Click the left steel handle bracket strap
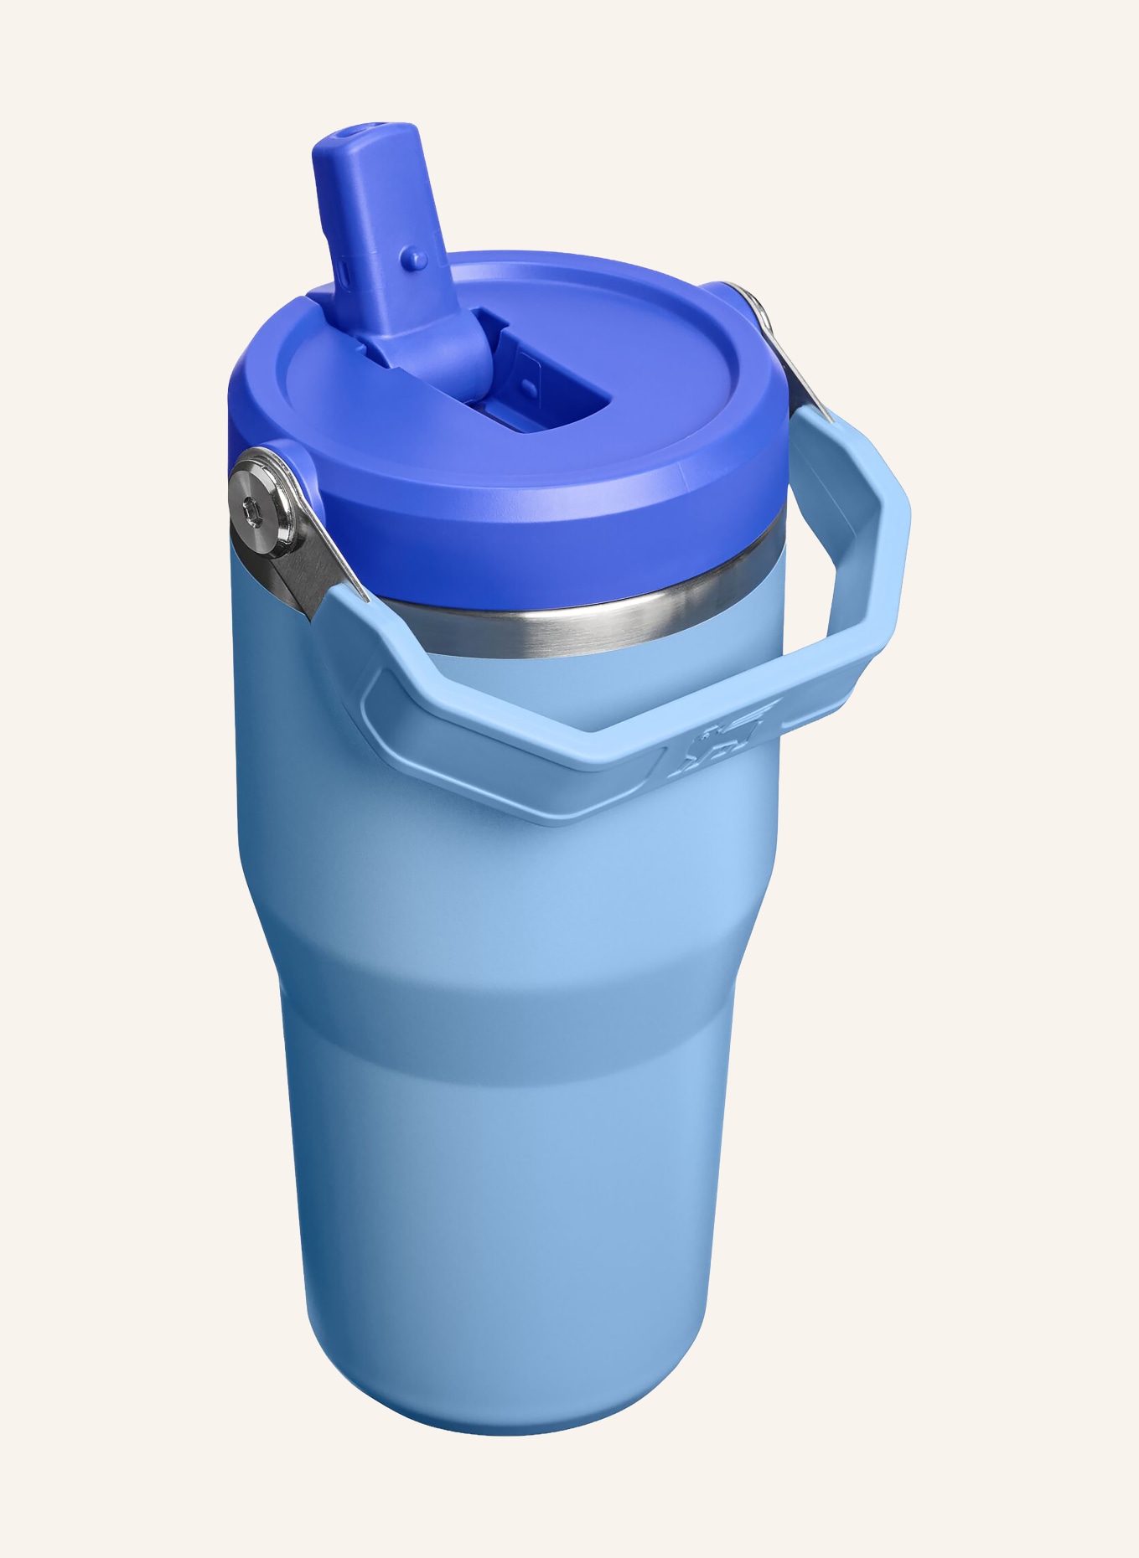(x=318, y=570)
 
